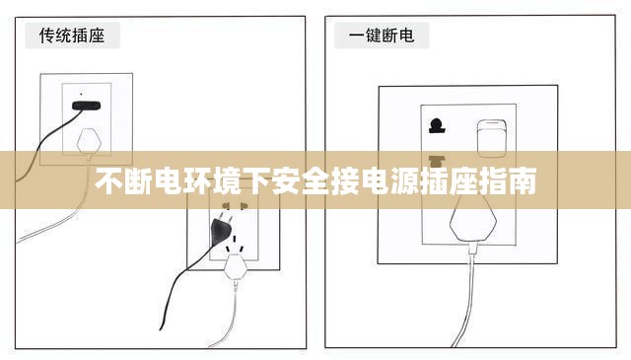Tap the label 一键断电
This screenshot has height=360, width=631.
pyautogui.click(x=382, y=36)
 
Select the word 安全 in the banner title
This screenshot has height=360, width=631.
pyautogui.click(x=296, y=183)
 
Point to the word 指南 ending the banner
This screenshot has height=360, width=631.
pyautogui.click(x=511, y=183)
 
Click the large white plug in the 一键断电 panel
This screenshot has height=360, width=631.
pyautogui.click(x=471, y=219)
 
